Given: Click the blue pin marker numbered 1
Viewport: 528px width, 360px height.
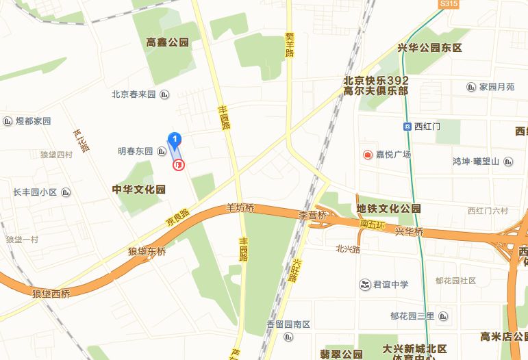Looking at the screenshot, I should tap(175, 140).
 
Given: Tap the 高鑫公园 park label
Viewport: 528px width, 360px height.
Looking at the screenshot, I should tap(167, 42).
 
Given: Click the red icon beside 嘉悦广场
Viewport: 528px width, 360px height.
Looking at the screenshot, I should tap(367, 155).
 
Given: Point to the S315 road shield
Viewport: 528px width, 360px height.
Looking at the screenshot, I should tap(449, 4).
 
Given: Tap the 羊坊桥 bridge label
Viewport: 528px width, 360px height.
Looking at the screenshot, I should tap(240, 208).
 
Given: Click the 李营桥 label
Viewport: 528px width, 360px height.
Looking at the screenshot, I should tap(312, 215).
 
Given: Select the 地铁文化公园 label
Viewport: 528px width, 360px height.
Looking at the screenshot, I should tap(389, 208).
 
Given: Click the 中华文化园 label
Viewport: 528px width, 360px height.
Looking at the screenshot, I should tap(139, 189).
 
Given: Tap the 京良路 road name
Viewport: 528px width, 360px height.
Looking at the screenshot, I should tap(177, 218).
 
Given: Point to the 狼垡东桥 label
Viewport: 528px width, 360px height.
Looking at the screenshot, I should tap(147, 251).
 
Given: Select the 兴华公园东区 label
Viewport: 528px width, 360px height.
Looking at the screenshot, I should tap(430, 48).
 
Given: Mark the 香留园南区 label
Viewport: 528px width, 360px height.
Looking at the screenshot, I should tap(289, 324).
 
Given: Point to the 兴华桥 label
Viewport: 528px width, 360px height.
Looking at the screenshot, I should tap(410, 232).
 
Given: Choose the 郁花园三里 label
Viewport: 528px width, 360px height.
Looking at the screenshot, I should tap(412, 316).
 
